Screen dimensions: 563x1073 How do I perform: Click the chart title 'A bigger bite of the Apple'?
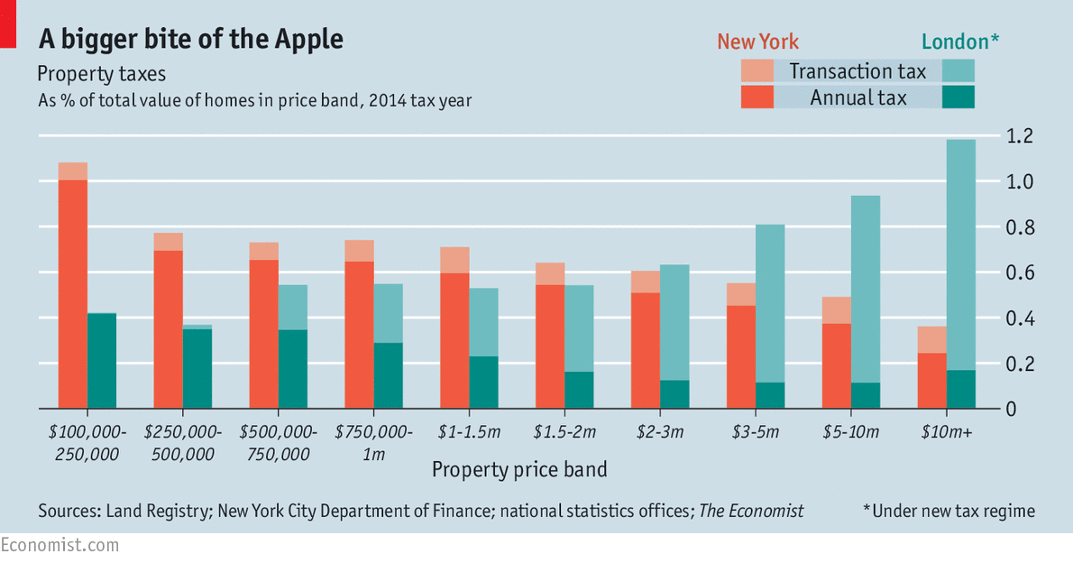[x=190, y=40]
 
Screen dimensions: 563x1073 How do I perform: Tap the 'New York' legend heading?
[x=757, y=42]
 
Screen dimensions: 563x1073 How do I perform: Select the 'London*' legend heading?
[x=960, y=42]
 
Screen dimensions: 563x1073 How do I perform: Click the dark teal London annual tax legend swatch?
[x=958, y=97]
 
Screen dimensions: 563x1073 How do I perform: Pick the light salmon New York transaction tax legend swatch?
[x=757, y=70]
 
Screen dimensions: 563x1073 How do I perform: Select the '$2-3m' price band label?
[x=659, y=432]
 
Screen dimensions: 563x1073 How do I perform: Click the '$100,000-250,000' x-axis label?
[x=87, y=443]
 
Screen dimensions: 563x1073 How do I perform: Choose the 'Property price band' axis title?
[x=519, y=470]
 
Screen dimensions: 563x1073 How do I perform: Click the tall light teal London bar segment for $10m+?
[x=961, y=253]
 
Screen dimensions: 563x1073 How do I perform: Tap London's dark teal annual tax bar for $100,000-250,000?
[x=102, y=361]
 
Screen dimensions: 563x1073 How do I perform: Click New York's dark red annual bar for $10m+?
[x=932, y=381]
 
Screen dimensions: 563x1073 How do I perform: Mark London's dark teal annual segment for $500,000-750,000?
[x=293, y=369]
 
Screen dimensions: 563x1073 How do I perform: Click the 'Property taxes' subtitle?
[x=101, y=73]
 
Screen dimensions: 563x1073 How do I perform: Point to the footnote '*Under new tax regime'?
[x=949, y=512]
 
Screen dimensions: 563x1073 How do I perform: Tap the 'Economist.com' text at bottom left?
[x=60, y=546]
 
